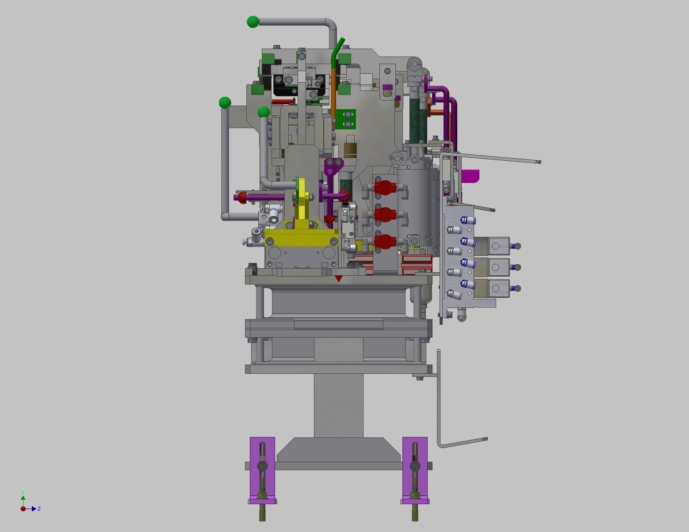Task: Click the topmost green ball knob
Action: pyautogui.click(x=253, y=22)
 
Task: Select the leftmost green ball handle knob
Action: pyautogui.click(x=225, y=103)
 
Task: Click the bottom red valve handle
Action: pyautogui.click(x=383, y=241)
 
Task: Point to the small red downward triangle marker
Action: pyautogui.click(x=339, y=279)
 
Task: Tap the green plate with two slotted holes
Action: pyautogui.click(x=346, y=119)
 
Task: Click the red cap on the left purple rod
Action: pyautogui.click(x=242, y=197)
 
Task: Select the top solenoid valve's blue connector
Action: pyautogui.click(x=515, y=246)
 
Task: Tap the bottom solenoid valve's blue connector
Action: pyautogui.click(x=515, y=289)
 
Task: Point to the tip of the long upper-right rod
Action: pyautogui.click(x=538, y=162)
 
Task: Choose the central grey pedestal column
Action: pyautogui.click(x=338, y=404)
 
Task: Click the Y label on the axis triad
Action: pyautogui.click(x=23, y=493)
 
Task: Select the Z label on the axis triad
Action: pyautogui.click(x=39, y=509)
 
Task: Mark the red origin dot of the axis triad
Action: pyautogui.click(x=23, y=509)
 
